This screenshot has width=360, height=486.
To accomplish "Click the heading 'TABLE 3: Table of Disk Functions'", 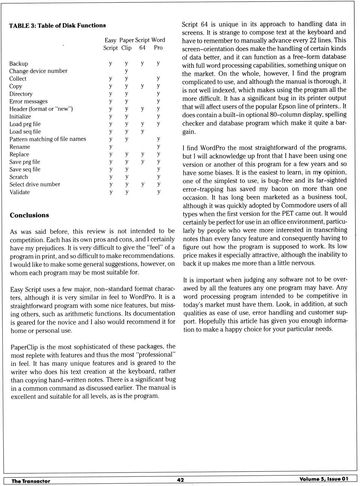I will [57, 25].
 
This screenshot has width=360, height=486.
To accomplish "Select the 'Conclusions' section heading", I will [29, 215].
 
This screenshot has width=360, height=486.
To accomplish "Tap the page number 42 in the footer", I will [180, 480].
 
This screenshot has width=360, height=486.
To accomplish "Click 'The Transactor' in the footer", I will [31, 481].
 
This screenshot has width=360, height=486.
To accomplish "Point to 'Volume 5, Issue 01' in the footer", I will [324, 479].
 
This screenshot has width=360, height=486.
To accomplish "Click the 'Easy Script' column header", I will [110, 44].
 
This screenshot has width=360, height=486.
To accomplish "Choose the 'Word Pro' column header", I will [158, 44].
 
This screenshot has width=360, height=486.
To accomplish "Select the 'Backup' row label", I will [19, 64].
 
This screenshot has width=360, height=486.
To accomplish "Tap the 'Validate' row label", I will [19, 192].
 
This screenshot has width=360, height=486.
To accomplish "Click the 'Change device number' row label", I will [38, 71].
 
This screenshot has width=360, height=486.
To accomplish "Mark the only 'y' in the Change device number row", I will [126, 71].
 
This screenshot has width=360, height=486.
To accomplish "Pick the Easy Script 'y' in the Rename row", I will [111, 147].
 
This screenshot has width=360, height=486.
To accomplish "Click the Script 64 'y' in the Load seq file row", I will [142, 131].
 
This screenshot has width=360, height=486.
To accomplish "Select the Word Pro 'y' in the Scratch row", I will [159, 176].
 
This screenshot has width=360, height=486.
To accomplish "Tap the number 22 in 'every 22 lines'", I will [313, 40].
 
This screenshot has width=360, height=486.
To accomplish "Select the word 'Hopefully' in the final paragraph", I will [213, 321].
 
